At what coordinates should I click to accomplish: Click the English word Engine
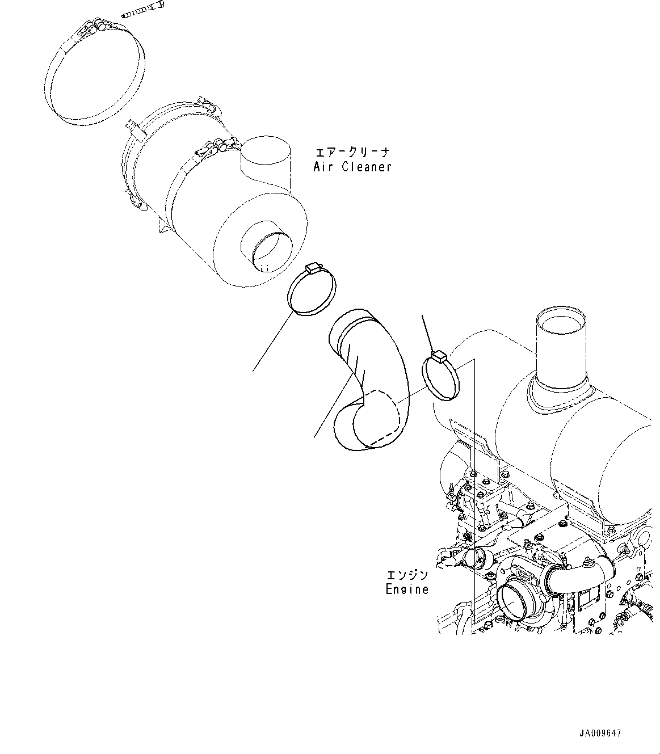coord(407,589)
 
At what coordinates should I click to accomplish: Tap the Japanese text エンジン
coord(407,575)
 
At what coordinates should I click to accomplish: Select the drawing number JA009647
coord(601,734)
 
